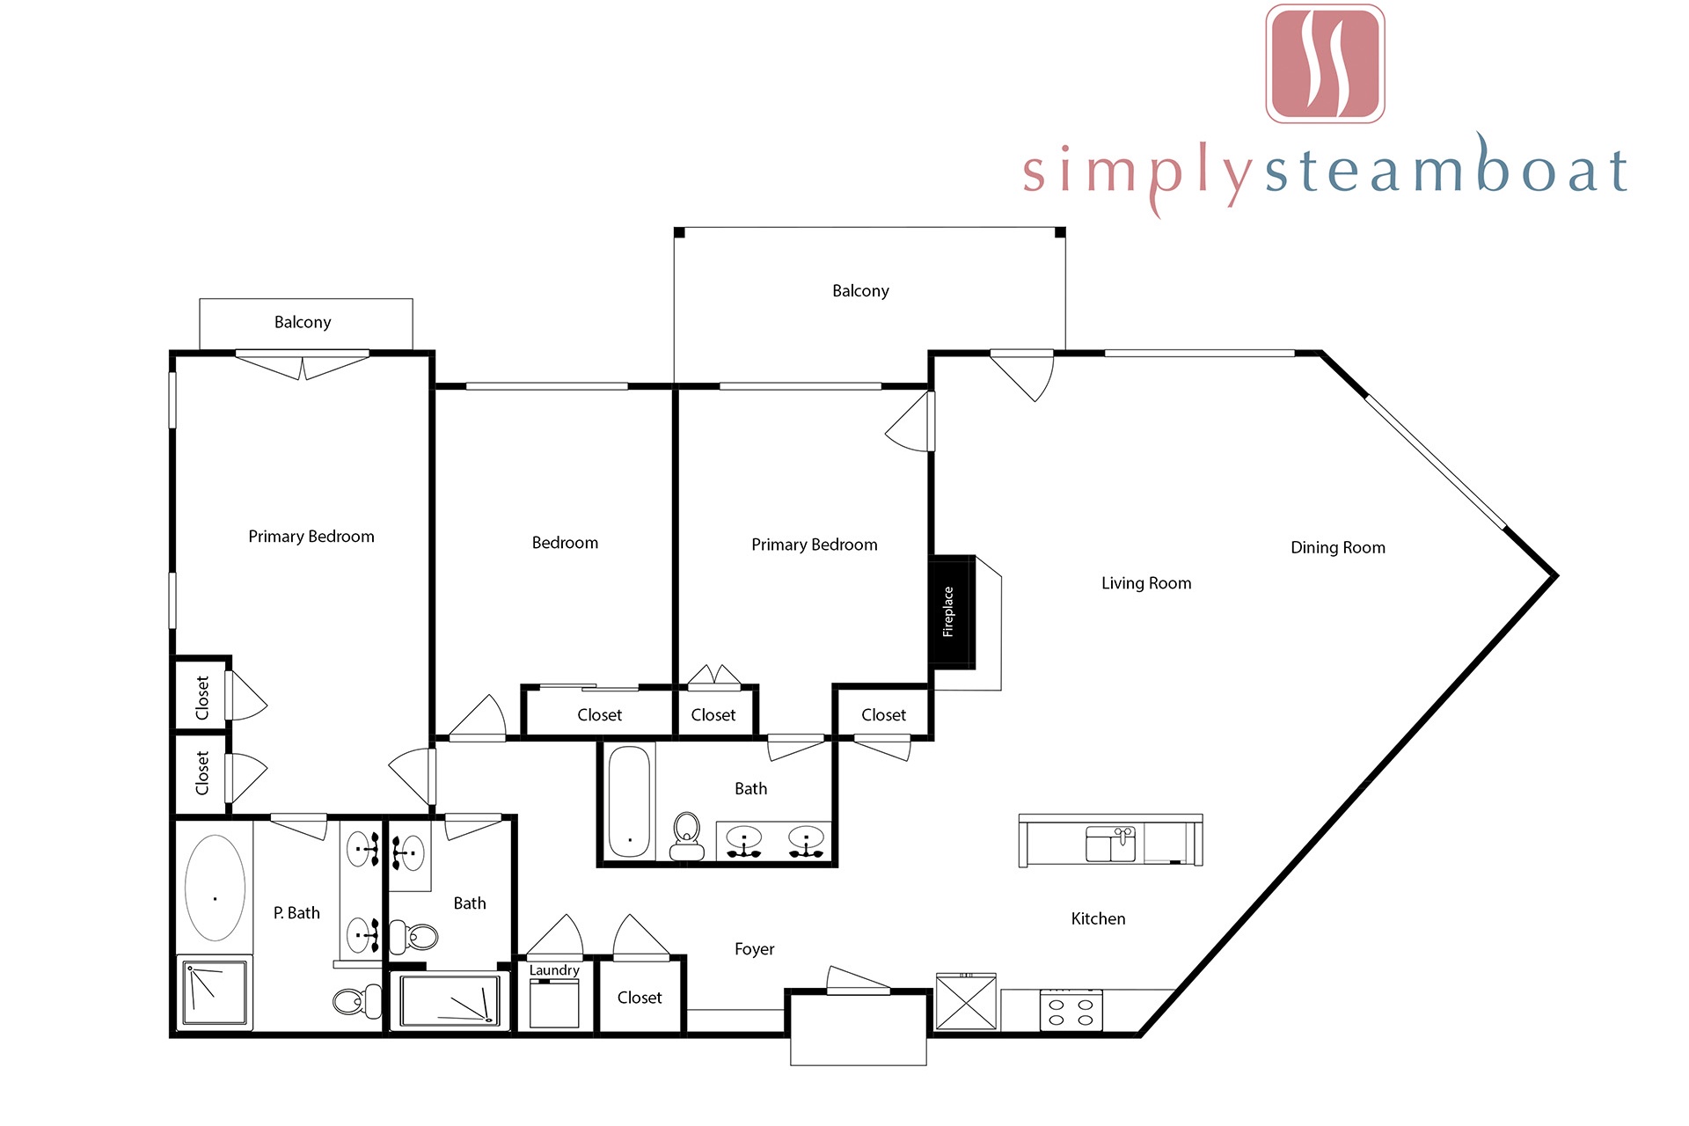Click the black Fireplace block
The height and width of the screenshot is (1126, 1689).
[952, 612]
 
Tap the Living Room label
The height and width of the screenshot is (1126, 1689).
[1146, 583]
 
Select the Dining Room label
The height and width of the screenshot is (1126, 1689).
[1338, 548]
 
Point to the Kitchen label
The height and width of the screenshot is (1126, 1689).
[1098, 918]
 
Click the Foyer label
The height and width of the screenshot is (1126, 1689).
[755, 949]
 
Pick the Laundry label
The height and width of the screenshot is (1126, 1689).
[554, 970]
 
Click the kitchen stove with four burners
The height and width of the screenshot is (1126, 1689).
[1071, 1010]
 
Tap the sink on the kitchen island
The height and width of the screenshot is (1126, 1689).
[1111, 844]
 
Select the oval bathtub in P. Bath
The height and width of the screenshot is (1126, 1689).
[216, 888]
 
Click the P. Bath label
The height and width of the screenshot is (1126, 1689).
[296, 913]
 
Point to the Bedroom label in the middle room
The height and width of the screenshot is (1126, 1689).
[565, 543]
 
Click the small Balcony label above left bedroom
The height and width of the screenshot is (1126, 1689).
[303, 322]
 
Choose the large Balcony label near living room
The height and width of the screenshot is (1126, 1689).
[860, 291]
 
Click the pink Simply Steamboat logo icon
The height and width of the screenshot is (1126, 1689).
[1325, 63]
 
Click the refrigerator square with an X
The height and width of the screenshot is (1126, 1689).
[966, 1002]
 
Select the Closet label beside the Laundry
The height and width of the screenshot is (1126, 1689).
[640, 998]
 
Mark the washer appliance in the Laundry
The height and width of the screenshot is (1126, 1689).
[554, 1004]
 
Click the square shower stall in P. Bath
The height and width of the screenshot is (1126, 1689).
[215, 992]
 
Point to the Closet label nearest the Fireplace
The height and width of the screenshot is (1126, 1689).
[883, 715]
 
